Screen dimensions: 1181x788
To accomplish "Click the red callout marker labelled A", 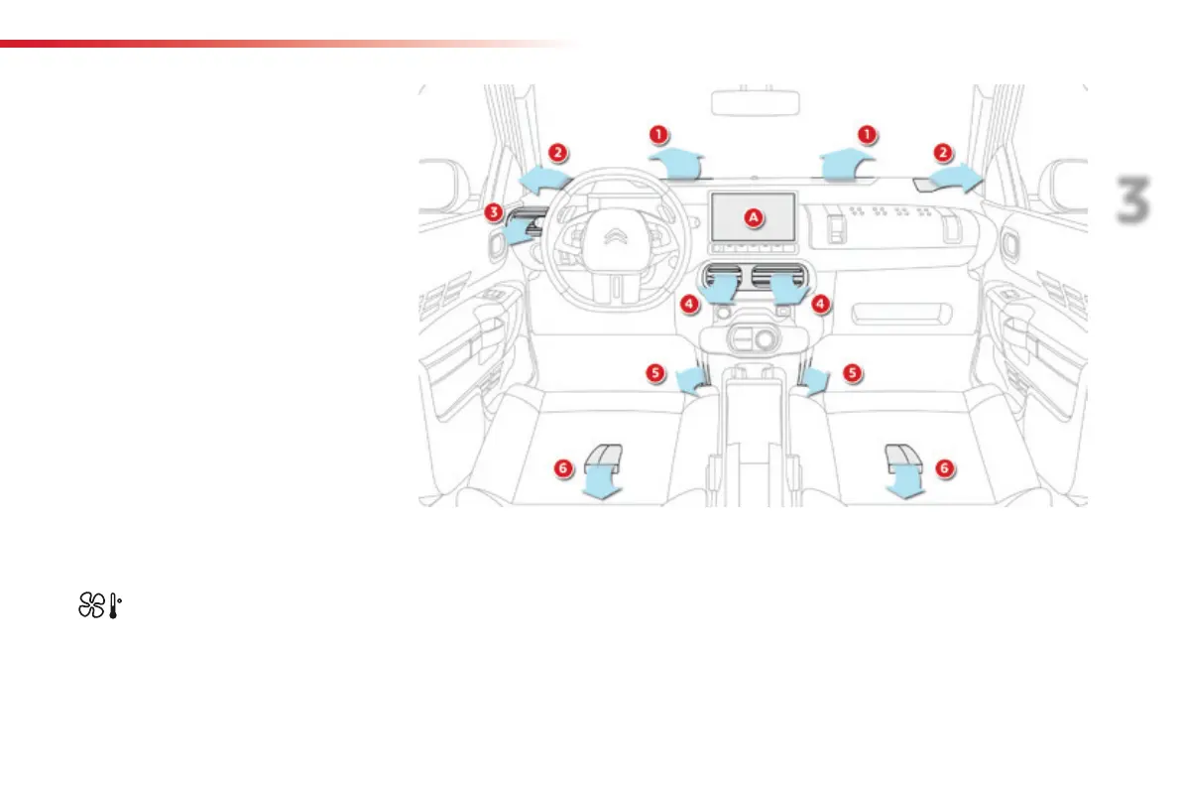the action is click(x=753, y=216).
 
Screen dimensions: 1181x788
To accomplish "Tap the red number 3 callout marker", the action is click(x=494, y=212).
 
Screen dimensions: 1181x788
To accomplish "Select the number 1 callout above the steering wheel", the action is click(x=656, y=133).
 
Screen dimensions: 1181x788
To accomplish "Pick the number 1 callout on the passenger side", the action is click(x=869, y=133).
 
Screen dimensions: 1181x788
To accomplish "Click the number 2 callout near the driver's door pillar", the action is click(x=559, y=153).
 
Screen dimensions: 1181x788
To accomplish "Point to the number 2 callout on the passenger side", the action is click(x=943, y=153).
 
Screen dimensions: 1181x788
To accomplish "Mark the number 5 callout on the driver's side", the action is click(x=654, y=372).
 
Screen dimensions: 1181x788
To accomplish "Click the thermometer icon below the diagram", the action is click(x=117, y=607).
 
